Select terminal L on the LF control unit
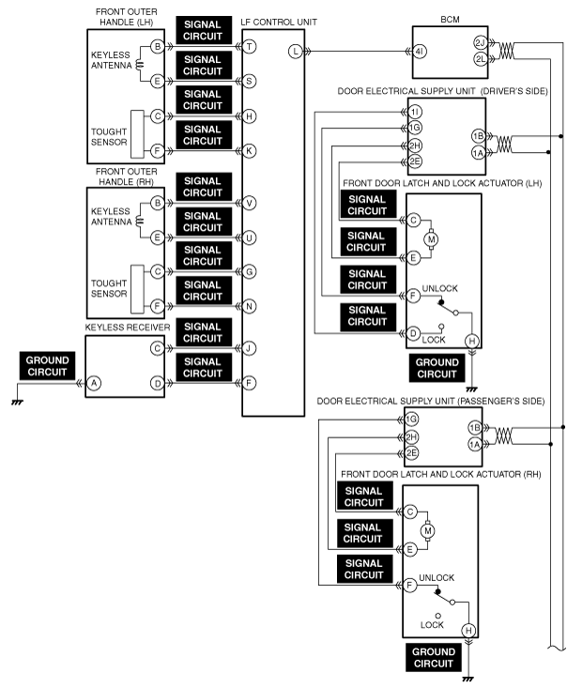[x=296, y=52]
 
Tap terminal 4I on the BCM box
[x=419, y=52]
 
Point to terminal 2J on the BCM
[x=480, y=42]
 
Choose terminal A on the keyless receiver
[x=94, y=382]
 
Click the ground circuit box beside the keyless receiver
[x=47, y=366]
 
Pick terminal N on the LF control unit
[x=251, y=306]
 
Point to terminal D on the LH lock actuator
[x=412, y=332]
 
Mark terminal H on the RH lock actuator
[x=468, y=631]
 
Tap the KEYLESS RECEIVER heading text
[x=123, y=329]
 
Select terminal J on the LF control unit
[x=251, y=348]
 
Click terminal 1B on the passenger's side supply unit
[x=474, y=428]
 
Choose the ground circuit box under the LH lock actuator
[x=437, y=368]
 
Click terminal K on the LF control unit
[x=251, y=149]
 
